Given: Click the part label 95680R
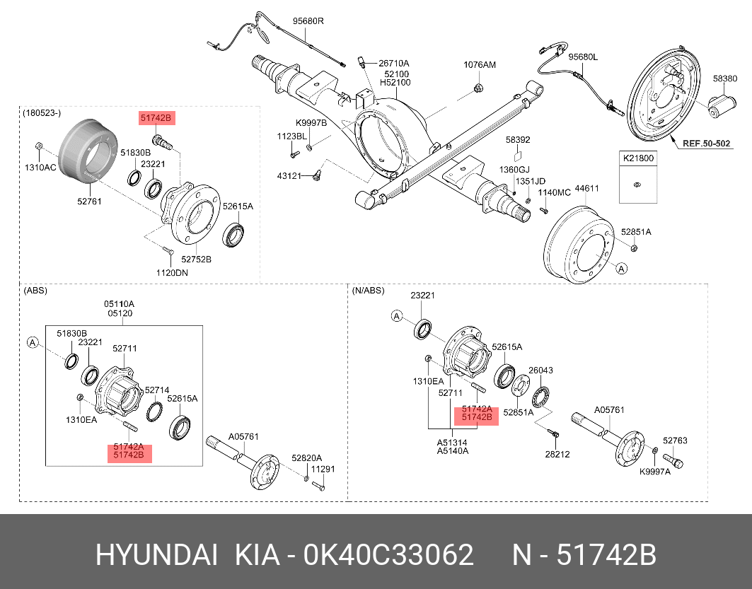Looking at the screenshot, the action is pos(308,21).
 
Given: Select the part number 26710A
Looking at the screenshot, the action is pos(393,63).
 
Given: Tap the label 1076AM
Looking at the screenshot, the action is pos(480,64).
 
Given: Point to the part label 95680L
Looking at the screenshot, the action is pos(583,57).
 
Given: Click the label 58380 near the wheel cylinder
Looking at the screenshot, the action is pos(725,78).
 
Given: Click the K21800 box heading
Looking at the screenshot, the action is pos(637,158).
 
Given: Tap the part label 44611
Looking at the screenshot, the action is pos(587,189).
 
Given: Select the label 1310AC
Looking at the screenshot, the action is pos(40,168).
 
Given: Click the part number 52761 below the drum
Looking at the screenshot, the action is pos(90,202).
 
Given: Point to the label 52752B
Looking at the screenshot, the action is pos(196,259).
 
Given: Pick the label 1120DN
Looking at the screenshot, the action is pos(173,272).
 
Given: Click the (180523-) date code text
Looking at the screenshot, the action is pos(42,113).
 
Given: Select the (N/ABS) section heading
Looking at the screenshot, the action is pos(368,291).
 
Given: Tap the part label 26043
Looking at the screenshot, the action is pos(540,370).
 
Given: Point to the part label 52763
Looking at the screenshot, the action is pos(675,441).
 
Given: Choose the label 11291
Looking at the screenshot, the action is pos(323,469).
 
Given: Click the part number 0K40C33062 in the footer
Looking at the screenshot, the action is pos(388,555).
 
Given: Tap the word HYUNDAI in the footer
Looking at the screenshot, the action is pos(156,555).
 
